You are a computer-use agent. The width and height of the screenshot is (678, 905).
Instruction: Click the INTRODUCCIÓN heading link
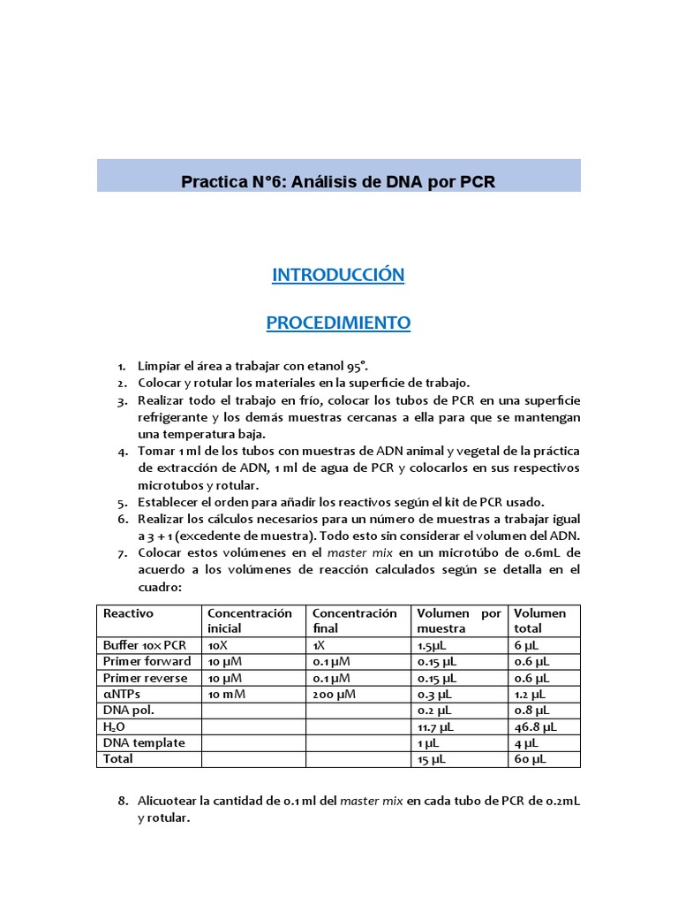coord(338,275)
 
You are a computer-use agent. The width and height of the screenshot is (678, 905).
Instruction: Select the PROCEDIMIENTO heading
coord(338,323)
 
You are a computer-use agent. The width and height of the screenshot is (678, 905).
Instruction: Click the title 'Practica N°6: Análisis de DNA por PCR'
coord(338,182)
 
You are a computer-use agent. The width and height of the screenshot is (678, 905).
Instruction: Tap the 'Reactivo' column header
coord(128,613)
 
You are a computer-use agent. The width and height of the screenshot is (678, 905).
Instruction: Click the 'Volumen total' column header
coord(540,620)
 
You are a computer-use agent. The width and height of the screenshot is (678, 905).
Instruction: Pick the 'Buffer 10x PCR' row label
coord(145,645)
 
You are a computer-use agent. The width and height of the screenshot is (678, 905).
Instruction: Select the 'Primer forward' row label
coord(147,661)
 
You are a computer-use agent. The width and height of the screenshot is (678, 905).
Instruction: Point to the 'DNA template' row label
coord(144,742)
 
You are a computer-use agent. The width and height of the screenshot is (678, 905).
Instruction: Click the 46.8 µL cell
coord(535,726)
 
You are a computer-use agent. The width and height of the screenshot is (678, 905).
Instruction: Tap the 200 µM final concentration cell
coord(334,694)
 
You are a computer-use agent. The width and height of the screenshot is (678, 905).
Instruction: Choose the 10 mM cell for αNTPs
coord(227,694)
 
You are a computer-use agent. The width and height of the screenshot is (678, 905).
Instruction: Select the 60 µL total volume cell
coord(530,759)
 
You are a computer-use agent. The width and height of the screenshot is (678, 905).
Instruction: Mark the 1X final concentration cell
coord(319,645)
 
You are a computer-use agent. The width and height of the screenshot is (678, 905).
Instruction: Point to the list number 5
coord(123,502)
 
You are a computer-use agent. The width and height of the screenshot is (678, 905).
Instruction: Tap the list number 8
coord(123,802)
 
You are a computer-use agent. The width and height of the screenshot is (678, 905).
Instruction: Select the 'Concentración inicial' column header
coord(249,620)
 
